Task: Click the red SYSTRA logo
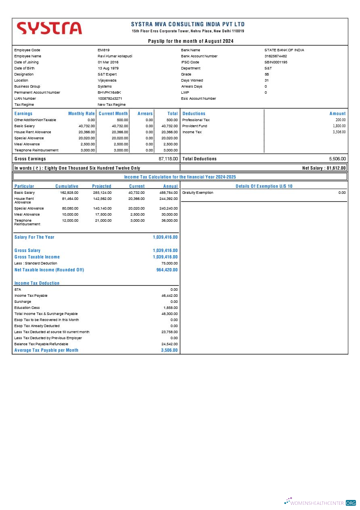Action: tap(49, 28)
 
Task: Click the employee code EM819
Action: tap(104, 50)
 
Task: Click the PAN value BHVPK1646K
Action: tap(109, 92)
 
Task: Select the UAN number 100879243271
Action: tap(110, 99)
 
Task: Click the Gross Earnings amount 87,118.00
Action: tap(168, 159)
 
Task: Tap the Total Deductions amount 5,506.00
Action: tap(337, 159)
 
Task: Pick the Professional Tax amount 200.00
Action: tap(341, 120)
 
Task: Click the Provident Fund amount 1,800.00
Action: tap(339, 126)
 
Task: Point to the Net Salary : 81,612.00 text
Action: tap(324, 168)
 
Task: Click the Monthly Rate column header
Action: tap(82, 114)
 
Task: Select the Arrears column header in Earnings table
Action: tap(145, 114)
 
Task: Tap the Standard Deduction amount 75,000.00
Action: tap(170, 263)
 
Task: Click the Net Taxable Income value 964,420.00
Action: tap(167, 270)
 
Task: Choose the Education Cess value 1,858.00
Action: tap(170, 308)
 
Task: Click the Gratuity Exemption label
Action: tap(198, 193)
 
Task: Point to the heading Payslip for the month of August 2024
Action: tap(190, 41)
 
